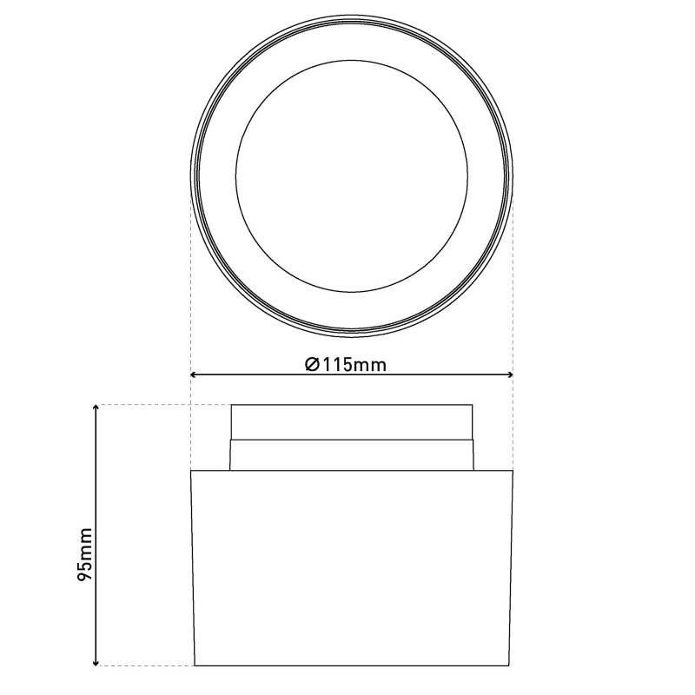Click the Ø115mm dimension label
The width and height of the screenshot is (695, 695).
coord(346,364)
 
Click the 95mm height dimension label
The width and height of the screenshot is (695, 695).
coord(84,553)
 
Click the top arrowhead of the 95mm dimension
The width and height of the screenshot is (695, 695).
coord(96,408)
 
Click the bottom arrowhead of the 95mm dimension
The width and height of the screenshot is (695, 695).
coord(96,662)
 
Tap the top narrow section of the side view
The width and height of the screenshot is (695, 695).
coord(351,422)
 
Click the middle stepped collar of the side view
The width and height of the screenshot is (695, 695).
coord(351,454)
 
